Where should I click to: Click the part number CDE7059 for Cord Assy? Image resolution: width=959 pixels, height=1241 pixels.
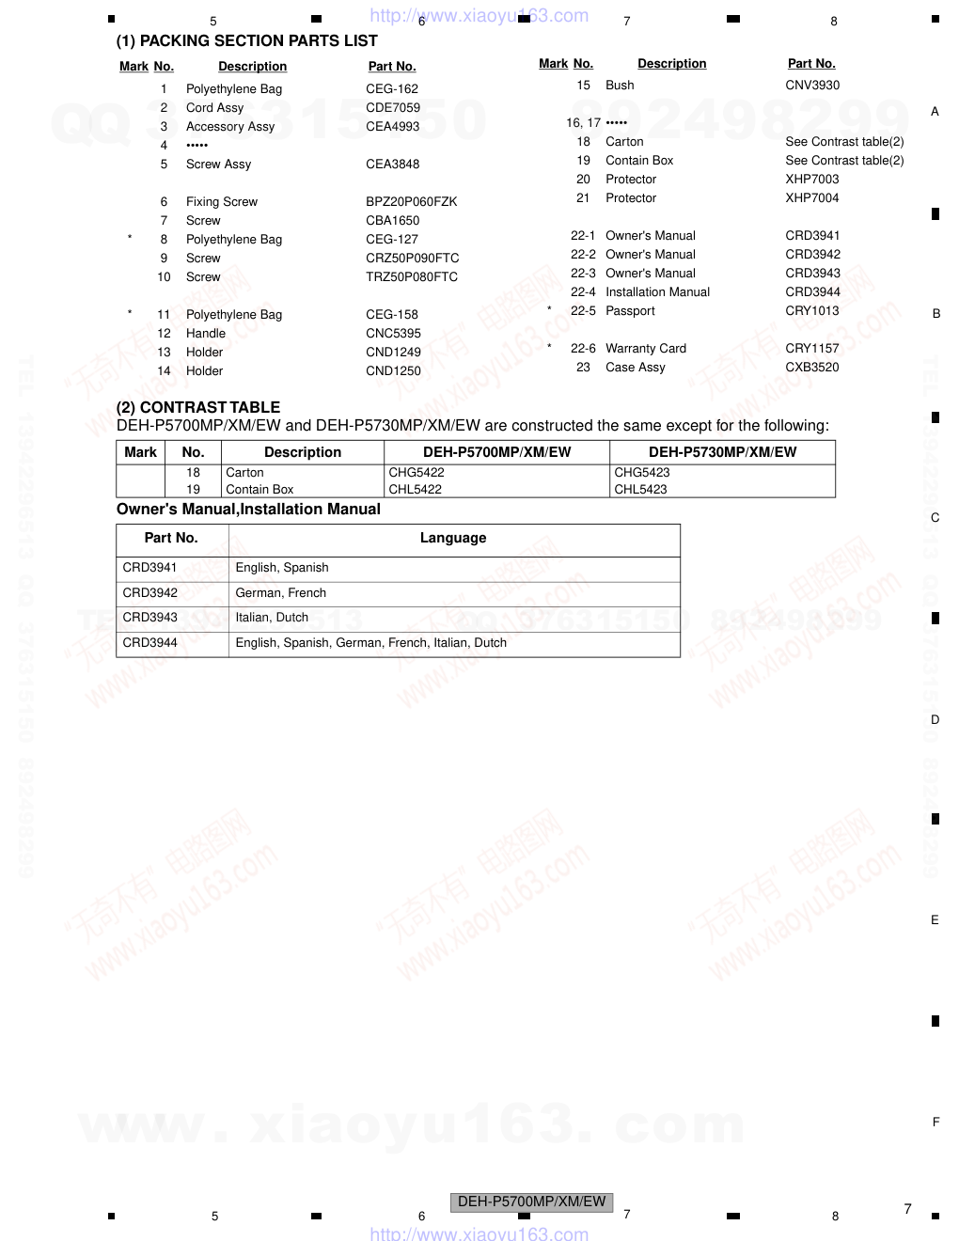pyautogui.click(x=393, y=108)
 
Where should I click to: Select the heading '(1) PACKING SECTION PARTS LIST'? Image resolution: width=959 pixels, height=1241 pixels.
pyautogui.click(x=246, y=41)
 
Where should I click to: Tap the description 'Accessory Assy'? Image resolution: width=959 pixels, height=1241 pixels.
pyautogui.click(x=230, y=127)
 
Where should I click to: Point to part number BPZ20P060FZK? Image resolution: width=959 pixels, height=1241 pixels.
pyautogui.click(x=411, y=202)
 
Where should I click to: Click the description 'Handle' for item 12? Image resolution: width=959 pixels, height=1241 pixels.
pyautogui.click(x=206, y=334)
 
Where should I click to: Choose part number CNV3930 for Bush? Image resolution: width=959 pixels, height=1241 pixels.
pyautogui.click(x=812, y=86)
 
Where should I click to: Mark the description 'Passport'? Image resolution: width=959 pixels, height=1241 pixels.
pyautogui.click(x=630, y=311)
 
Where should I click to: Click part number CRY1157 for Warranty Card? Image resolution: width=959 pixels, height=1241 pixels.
pyautogui.click(x=811, y=349)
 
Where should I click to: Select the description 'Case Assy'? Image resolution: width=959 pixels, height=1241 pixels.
pyautogui.click(x=635, y=368)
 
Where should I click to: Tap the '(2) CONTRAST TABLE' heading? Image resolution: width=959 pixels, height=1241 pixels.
pyautogui.click(x=198, y=407)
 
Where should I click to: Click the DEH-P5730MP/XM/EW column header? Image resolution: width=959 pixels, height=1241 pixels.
pyautogui.click(x=722, y=452)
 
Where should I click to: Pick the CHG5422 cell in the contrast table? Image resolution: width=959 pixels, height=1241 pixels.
pyautogui.click(x=417, y=473)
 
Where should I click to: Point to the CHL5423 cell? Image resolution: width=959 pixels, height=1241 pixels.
pyautogui.click(x=640, y=490)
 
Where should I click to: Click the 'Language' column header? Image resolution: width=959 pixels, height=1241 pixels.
pyautogui.click(x=453, y=538)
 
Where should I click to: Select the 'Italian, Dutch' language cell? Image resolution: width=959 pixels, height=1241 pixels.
pyautogui.click(x=272, y=618)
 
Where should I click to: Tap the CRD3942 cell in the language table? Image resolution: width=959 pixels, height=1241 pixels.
pyautogui.click(x=150, y=593)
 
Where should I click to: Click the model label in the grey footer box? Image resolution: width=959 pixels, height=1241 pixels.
pyautogui.click(x=531, y=1202)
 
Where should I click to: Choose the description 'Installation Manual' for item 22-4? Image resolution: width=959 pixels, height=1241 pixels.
pyautogui.click(x=657, y=292)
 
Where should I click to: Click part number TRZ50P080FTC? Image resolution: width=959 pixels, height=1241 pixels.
pyautogui.click(x=411, y=277)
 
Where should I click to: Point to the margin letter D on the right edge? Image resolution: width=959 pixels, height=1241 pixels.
pyautogui.click(x=935, y=720)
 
